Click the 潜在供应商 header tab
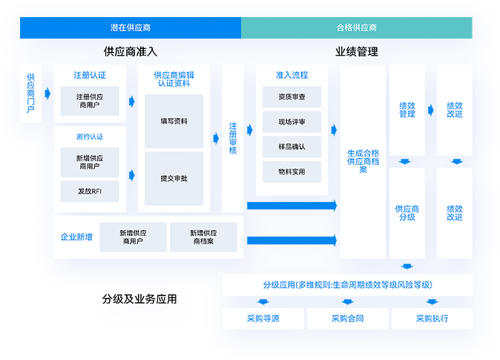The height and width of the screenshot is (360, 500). click(x=131, y=27)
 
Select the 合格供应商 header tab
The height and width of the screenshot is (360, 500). click(x=357, y=27)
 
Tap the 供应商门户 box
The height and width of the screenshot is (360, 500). click(x=31, y=94)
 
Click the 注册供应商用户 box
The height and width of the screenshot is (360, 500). click(x=90, y=102)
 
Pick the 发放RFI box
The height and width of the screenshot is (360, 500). click(x=90, y=191)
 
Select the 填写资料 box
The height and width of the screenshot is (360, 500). click(x=174, y=121)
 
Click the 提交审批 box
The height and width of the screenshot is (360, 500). click(x=174, y=179)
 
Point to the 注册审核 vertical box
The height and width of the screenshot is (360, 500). click(x=233, y=138)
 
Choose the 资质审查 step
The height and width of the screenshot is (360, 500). click(x=292, y=97)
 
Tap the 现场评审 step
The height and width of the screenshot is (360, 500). click(x=292, y=122)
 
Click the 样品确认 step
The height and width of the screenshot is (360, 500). click(x=292, y=146)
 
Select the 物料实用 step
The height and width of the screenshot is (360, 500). click(x=292, y=171)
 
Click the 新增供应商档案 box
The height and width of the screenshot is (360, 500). click(x=203, y=237)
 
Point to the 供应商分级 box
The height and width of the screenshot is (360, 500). click(x=407, y=213)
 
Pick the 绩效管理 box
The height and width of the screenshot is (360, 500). click(x=407, y=110)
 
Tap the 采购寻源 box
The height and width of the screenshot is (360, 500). click(x=263, y=318)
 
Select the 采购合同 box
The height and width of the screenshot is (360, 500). click(x=347, y=318)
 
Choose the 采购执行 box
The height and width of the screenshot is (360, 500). click(x=432, y=318)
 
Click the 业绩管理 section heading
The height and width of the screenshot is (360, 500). click(x=356, y=52)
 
